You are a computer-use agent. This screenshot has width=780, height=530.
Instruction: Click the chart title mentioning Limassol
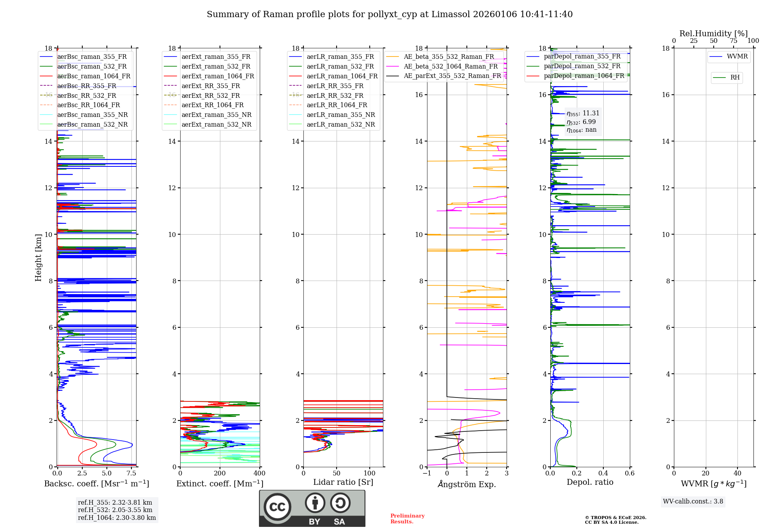coord(390,14)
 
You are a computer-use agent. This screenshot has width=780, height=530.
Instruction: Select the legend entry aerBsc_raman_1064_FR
coord(94,76)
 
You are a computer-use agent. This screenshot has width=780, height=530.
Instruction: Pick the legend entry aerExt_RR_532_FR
coord(211,96)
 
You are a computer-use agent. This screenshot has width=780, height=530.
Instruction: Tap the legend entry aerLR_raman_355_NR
coord(340,115)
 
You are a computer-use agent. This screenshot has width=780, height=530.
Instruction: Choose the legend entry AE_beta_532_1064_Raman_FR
coord(450,67)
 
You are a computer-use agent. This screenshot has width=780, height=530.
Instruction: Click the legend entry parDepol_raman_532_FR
coord(582,66)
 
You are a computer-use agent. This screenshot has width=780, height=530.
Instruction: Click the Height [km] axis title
coord(38,258)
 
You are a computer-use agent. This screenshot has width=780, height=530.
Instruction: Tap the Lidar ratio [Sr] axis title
coord(343,482)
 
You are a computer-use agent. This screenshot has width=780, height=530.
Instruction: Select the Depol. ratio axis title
coord(590,482)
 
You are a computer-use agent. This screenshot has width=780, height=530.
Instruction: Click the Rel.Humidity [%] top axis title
coord(713,34)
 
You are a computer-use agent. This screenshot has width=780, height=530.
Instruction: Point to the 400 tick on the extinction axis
coord(259,473)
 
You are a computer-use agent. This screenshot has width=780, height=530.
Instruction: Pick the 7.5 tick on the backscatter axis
coord(131,473)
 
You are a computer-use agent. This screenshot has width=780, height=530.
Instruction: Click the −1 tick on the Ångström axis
coord(427,473)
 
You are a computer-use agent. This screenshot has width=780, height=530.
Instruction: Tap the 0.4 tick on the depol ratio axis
coord(603,473)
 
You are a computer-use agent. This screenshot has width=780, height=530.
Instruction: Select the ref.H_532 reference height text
coord(115,510)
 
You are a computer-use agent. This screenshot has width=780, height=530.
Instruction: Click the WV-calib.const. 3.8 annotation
coord(693,502)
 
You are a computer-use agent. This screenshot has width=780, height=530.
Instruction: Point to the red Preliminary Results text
coord(407,519)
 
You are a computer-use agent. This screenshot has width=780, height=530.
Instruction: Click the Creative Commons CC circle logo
coord(277,507)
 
